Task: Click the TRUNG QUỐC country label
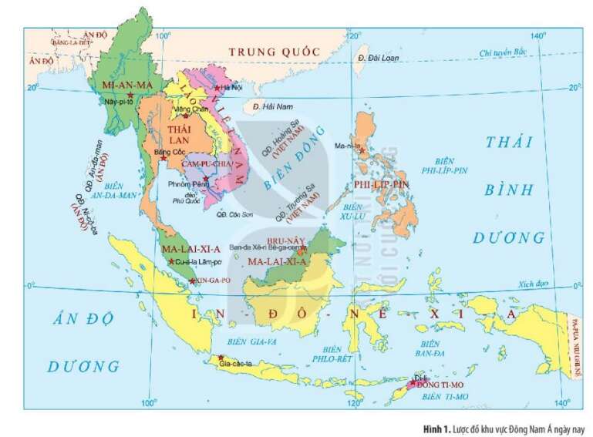[x=273, y=51]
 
